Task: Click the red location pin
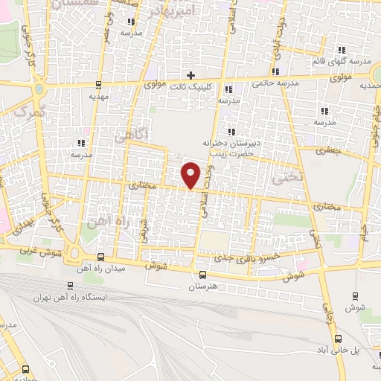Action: [x=191, y=175]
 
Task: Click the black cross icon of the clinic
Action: [x=191, y=74]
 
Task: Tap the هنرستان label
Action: [x=201, y=286]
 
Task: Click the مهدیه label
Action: [x=99, y=96]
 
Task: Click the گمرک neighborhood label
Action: [x=30, y=113]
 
